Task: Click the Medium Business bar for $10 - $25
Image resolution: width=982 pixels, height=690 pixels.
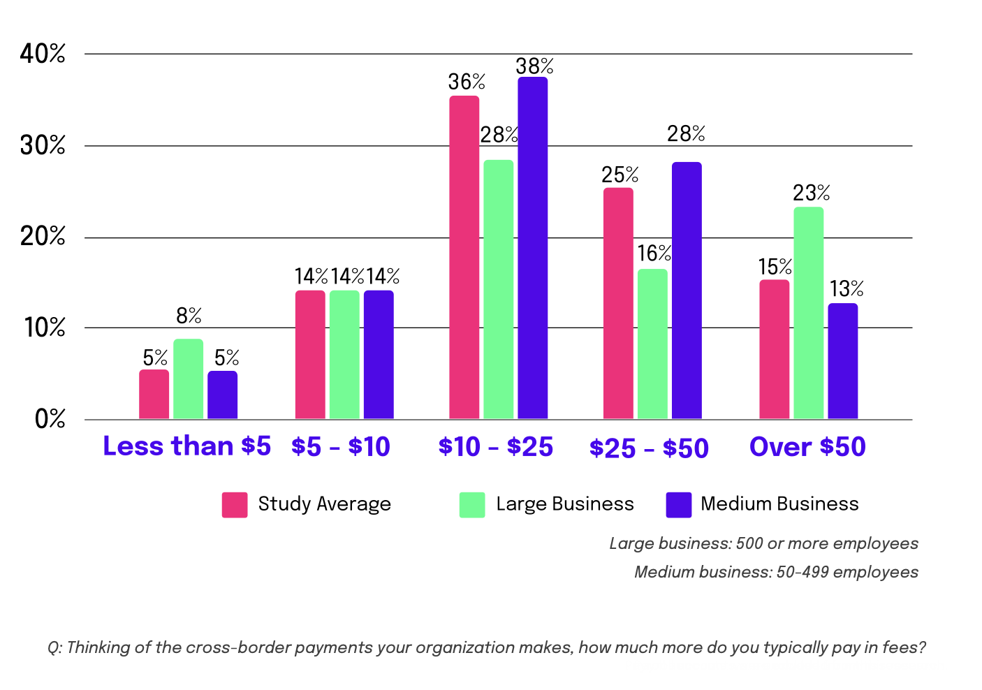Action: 532,248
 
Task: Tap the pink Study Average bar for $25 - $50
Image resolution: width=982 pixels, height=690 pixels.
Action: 618,303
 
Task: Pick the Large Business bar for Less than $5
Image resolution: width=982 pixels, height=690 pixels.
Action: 188,379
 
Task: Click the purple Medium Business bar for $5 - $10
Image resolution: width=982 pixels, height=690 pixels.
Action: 379,355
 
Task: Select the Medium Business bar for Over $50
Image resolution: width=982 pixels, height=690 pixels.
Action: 842,361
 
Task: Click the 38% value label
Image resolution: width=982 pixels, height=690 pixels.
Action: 534,66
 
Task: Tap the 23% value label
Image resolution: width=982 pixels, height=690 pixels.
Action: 811,193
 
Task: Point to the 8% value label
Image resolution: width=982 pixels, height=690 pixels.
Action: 189,316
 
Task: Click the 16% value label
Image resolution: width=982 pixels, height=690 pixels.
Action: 654,254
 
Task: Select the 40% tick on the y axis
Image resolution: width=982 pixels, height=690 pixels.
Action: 43,54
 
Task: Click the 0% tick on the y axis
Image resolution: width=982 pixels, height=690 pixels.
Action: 50,419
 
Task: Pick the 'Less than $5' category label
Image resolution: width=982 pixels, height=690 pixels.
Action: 186,446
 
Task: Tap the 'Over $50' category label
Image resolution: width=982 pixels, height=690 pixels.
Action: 807,447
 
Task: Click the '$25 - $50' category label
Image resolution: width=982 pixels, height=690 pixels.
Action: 649,448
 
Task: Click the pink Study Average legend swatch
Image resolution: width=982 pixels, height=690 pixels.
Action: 235,504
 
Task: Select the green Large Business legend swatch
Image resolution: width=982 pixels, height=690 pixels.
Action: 472,504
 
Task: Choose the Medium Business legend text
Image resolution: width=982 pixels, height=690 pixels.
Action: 779,504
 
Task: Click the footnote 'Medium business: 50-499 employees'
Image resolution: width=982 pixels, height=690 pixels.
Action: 776,573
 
